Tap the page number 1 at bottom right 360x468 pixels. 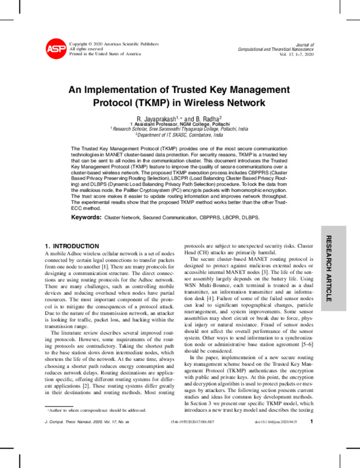point(312,453)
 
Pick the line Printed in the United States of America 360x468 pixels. point(105,54)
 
